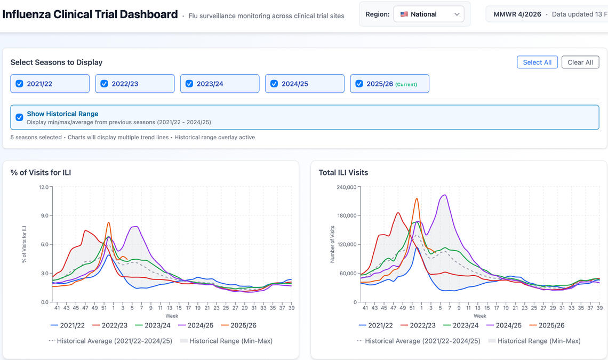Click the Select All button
[x=537, y=62]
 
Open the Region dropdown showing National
[x=428, y=14]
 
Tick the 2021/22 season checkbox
[x=19, y=84]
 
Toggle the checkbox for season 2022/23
[x=105, y=84]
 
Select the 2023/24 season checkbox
[x=189, y=84]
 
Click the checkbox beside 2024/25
[x=274, y=84]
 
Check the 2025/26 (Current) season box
[x=359, y=84]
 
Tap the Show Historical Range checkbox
[x=19, y=117]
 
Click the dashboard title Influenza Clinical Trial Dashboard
[x=90, y=14]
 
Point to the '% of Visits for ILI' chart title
[x=41, y=173]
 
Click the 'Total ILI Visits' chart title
[x=343, y=173]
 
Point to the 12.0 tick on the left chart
[x=44, y=187]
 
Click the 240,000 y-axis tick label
[x=346, y=187]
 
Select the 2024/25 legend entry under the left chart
[x=196, y=325]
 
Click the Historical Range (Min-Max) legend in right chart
[x=534, y=341]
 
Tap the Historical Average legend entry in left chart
[x=110, y=341]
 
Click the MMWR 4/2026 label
[x=517, y=14]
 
